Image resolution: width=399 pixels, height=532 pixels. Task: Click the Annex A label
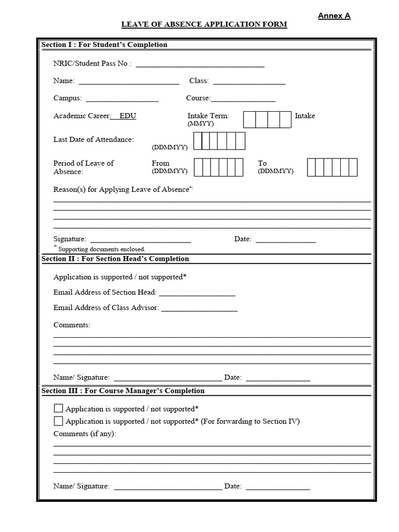click(334, 16)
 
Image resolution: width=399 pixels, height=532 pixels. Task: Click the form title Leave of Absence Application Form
click(204, 24)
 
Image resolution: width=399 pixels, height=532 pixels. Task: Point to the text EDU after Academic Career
click(128, 116)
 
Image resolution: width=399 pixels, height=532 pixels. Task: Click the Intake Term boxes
click(267, 119)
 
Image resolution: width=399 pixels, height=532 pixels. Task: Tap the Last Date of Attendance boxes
click(219, 141)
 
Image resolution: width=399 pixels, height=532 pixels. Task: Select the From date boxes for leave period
click(219, 167)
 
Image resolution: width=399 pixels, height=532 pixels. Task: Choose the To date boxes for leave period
click(332, 167)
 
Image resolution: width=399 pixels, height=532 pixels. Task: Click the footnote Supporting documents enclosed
click(101, 249)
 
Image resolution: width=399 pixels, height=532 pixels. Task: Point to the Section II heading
click(115, 259)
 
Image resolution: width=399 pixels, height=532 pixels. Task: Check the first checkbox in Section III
click(58, 408)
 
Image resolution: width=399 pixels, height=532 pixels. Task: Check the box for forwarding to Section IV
click(58, 421)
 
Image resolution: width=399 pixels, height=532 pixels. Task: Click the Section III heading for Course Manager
click(123, 391)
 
